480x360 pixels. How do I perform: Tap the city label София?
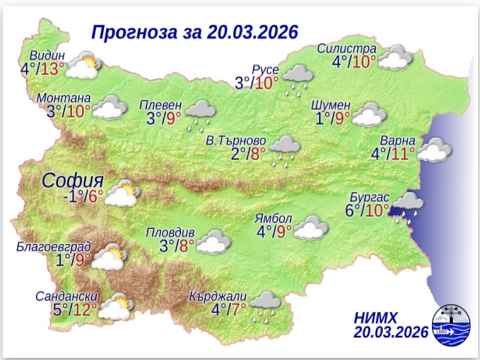coord(73,180)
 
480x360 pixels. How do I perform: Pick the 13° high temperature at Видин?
coord(52,68)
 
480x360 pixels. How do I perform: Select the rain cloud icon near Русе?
coord(297,77)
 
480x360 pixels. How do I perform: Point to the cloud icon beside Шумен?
coord(370,116)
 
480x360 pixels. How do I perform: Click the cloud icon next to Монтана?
coord(109,108)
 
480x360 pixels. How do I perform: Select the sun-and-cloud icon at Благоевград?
coord(111,257)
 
